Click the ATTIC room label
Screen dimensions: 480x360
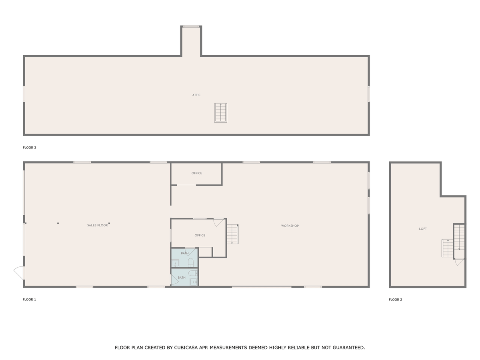196,95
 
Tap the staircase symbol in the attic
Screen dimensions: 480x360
220,113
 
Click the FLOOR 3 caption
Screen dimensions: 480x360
29,148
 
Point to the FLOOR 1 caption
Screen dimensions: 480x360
29,300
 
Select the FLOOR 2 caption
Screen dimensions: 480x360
395,300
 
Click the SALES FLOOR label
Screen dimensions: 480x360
97,225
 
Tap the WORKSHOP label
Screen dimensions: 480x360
290,226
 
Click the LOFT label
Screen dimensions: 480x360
423,229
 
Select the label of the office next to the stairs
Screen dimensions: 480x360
200,235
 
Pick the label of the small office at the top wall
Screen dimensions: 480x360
196,173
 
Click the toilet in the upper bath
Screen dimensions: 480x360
191,262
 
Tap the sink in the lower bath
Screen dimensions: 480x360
194,282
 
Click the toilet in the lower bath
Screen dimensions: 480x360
193,273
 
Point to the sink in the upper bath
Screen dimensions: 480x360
175,263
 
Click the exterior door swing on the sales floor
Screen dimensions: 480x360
19,273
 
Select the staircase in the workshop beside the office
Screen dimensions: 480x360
232,234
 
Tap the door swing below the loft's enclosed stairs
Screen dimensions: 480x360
460,262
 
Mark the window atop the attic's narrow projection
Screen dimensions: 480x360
191,26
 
